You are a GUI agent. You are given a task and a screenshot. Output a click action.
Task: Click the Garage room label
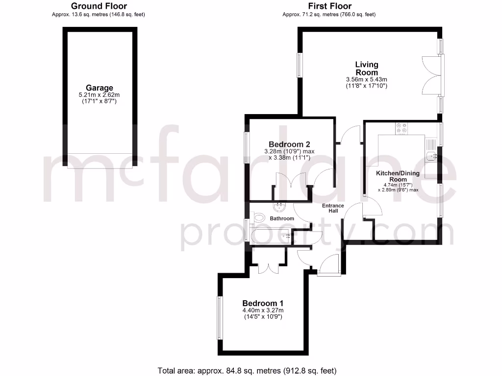[x=100, y=88]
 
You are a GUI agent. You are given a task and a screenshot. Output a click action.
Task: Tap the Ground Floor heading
[x=99, y=6]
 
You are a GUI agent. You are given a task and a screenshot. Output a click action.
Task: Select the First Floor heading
[x=329, y=6]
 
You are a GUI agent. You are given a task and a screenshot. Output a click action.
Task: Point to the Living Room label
[x=367, y=68]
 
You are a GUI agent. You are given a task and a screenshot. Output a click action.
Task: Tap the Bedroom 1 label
[x=262, y=303]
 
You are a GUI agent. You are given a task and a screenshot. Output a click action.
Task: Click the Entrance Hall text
[x=333, y=208]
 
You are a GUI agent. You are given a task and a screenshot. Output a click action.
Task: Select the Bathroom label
[x=282, y=218]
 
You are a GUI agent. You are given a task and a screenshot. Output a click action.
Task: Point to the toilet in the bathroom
[x=258, y=217]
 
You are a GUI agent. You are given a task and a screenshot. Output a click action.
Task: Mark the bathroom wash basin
[x=281, y=207]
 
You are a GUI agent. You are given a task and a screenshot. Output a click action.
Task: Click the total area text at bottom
[x=247, y=370]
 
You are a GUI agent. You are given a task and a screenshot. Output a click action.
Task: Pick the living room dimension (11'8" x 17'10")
[x=367, y=86]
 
